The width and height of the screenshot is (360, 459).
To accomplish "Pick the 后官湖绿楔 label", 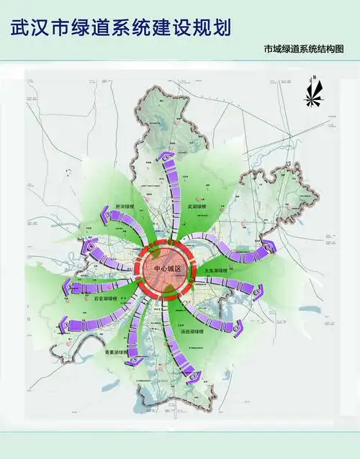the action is pos(105,296).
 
